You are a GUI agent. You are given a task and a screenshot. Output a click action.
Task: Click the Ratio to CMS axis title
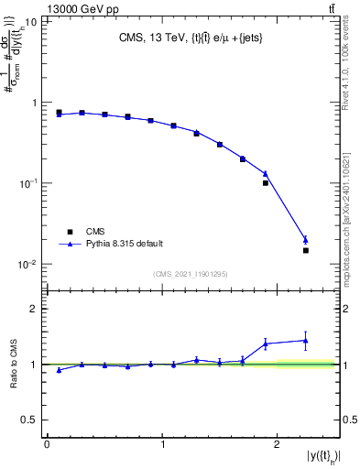pyautogui.click(x=12, y=365)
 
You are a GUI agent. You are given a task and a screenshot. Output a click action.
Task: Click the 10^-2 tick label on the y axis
pyautogui.click(x=27, y=265)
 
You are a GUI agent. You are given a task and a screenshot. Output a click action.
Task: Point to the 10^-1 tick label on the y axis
pyautogui.click(x=27, y=184)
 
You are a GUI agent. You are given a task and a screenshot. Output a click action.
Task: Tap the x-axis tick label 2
pyautogui.click(x=279, y=444)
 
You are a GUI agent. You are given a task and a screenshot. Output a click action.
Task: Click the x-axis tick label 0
pyautogui.click(x=47, y=444)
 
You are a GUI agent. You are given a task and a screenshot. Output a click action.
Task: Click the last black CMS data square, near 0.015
pyautogui.click(x=306, y=250)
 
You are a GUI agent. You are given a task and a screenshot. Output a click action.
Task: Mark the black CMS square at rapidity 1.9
pyautogui.click(x=266, y=183)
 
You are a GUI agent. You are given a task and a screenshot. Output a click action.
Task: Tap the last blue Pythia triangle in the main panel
pyautogui.click(x=306, y=240)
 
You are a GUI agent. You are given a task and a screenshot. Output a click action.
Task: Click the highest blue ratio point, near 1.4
pyautogui.click(x=306, y=341)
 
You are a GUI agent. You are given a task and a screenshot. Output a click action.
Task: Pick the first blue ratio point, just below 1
pyautogui.click(x=59, y=370)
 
